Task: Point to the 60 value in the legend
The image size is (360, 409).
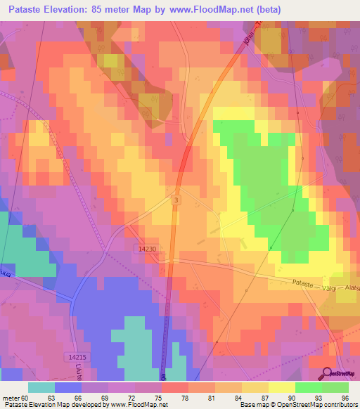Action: [x=28, y=398]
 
